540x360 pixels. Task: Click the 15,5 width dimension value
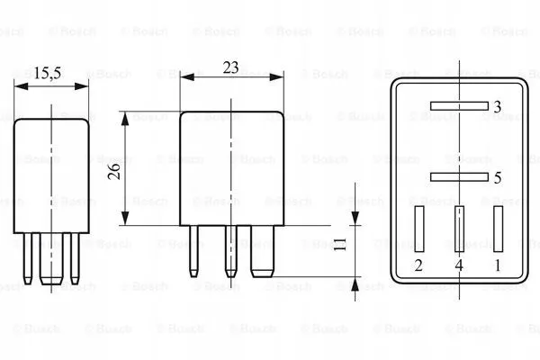click(x=47, y=74)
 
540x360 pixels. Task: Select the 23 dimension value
click(x=230, y=67)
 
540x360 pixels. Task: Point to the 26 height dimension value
click(x=114, y=171)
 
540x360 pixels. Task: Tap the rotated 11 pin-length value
click(x=340, y=244)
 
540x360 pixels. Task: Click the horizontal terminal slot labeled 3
click(x=459, y=106)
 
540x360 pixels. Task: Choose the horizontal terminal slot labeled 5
click(x=459, y=177)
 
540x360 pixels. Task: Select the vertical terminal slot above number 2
click(x=419, y=229)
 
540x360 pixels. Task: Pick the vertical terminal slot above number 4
click(x=459, y=229)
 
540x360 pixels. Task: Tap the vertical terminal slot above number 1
click(x=498, y=229)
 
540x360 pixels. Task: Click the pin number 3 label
click(x=498, y=107)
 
